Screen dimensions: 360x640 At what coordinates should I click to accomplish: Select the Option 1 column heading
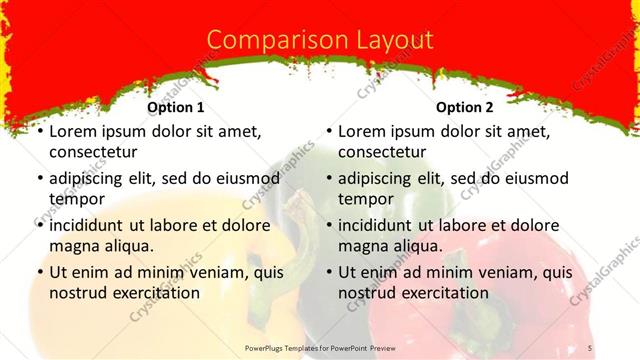176,107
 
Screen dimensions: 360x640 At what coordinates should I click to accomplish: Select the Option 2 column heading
465,107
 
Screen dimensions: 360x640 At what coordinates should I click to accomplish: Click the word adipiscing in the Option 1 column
91,178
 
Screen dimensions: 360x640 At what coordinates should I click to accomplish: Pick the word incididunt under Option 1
93,225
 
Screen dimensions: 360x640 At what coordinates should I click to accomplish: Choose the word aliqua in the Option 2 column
420,245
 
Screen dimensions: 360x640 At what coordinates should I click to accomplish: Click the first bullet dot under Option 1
39,132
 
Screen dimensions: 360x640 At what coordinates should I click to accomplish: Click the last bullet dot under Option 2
328,273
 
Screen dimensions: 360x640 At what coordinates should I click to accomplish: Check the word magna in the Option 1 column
73,245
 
